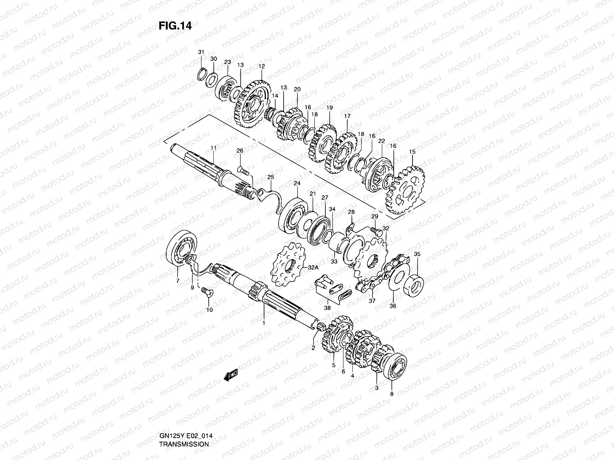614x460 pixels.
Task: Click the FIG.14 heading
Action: (175, 26)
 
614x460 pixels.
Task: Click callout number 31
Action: (201, 52)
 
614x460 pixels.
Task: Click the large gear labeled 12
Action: (249, 103)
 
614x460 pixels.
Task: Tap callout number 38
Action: (327, 307)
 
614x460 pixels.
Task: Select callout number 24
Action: (297, 183)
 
